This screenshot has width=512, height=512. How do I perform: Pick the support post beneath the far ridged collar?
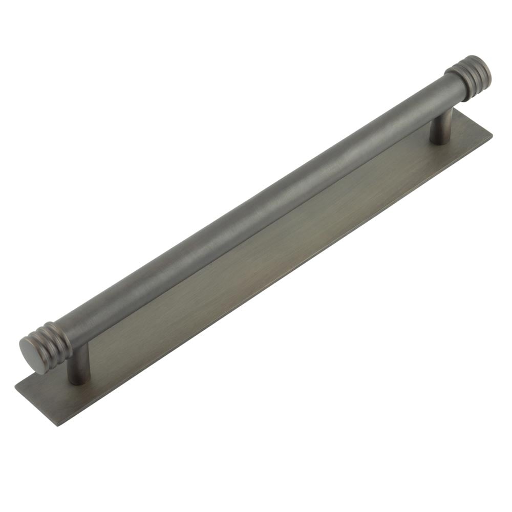click(x=441, y=126)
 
